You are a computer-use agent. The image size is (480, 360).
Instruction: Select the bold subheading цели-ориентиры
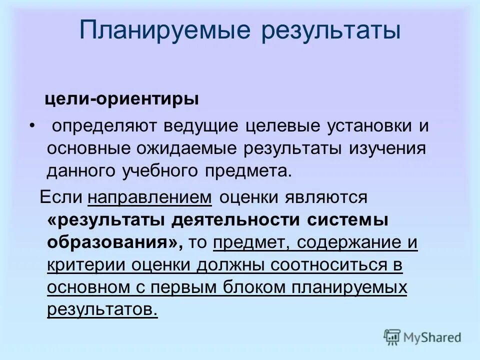pos(121,99)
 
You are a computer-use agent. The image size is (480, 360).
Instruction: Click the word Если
pos(60,197)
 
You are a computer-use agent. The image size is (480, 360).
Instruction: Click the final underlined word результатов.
pos(102,310)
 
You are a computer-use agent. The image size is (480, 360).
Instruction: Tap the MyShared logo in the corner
pos(422,337)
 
